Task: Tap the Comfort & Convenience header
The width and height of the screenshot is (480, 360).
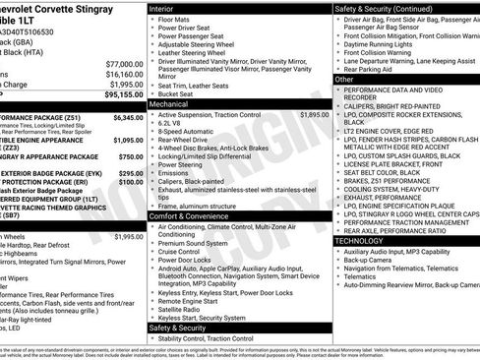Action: tap(191, 214)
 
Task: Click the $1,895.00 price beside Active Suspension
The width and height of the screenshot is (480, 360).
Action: tap(314, 115)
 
